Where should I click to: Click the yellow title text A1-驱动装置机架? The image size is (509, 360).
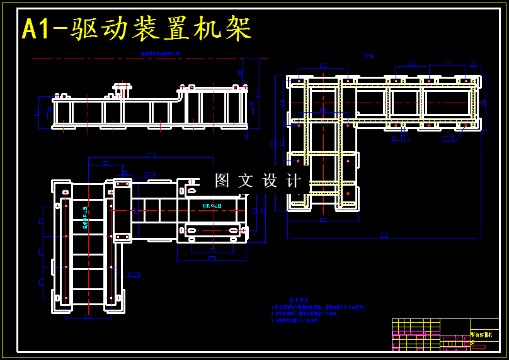point(137,30)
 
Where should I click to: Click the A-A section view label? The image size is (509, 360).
point(369,57)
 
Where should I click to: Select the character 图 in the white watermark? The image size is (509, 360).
point(222,181)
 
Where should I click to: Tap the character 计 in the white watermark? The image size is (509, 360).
point(294,181)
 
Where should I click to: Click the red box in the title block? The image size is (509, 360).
point(479,346)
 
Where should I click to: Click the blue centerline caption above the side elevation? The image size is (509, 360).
point(160,54)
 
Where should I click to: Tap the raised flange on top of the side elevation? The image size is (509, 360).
point(122,86)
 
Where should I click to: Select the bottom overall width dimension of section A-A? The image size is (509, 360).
point(384,237)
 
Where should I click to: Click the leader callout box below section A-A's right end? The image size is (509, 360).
point(448,138)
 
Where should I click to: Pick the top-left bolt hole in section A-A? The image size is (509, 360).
point(297,81)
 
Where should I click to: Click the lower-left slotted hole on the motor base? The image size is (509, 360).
point(192,231)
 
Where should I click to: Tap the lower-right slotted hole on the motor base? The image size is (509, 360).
point(234,231)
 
